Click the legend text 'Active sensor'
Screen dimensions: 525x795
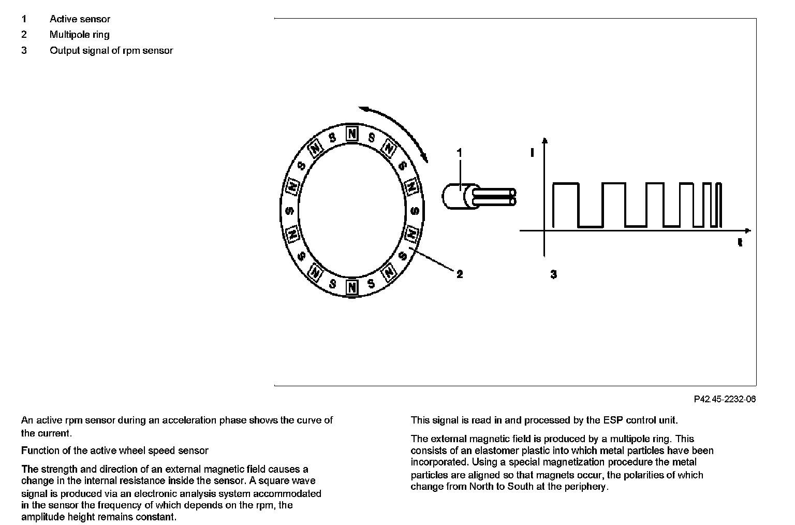[80, 19]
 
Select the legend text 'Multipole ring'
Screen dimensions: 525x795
[79, 35]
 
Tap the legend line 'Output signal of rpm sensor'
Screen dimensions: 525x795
[111, 51]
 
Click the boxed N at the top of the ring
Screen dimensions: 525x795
[352, 134]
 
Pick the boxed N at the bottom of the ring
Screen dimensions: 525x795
[352, 286]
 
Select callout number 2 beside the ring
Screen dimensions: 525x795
[460, 274]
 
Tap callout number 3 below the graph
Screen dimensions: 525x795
[553, 274]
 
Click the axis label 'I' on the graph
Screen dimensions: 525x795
[532, 152]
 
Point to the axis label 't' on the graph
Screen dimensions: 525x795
[740, 242]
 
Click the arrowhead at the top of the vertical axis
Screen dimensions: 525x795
[544, 141]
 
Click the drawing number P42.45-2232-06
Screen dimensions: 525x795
[725, 399]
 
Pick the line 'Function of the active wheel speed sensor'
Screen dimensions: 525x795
[115, 450]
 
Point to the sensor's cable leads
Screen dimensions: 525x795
[497, 197]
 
